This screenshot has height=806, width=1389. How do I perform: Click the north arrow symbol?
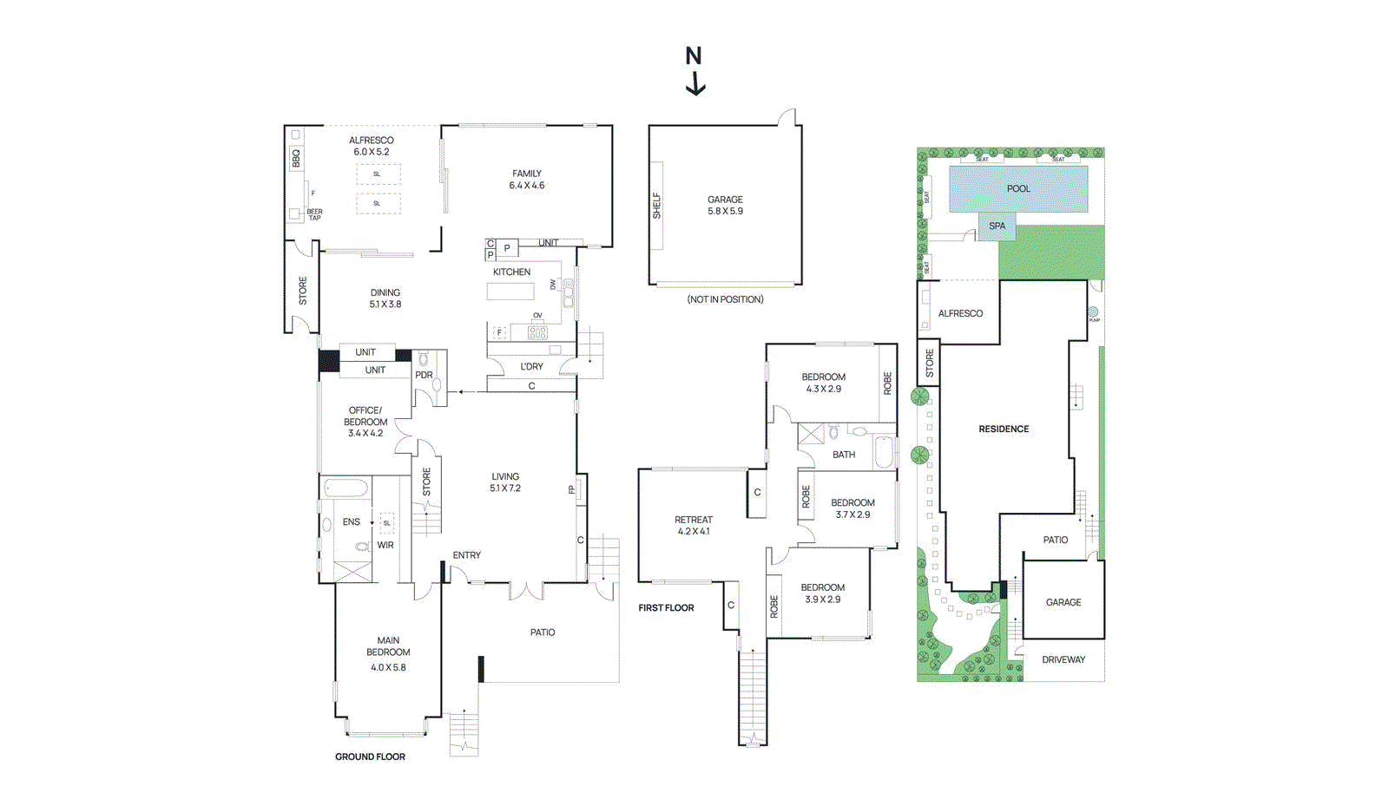click(694, 71)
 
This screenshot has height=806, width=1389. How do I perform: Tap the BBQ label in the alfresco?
click(295, 158)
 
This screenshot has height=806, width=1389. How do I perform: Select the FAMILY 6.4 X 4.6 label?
click(527, 180)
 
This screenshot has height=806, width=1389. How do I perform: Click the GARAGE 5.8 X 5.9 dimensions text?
click(725, 211)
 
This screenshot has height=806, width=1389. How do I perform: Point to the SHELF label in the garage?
click(657, 205)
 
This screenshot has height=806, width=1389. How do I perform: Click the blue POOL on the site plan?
click(1018, 188)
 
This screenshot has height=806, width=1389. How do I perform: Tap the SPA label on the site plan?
click(997, 226)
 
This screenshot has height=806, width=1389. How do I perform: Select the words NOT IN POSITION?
click(725, 299)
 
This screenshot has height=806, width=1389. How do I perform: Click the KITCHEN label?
click(511, 272)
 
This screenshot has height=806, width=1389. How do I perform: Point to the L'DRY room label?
click(531, 366)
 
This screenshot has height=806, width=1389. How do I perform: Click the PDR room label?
click(424, 375)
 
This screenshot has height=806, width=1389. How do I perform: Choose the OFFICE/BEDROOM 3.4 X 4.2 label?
click(365, 422)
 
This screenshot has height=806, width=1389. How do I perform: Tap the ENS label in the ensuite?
click(351, 521)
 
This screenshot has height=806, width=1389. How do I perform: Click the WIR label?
click(385, 545)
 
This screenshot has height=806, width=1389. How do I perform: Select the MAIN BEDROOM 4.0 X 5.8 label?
click(388, 653)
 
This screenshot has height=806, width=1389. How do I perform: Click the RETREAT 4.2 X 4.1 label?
click(694, 525)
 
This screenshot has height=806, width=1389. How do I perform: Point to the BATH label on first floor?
click(844, 455)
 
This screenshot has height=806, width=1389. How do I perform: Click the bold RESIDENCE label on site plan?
click(1004, 429)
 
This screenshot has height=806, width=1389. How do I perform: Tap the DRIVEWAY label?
click(1063, 659)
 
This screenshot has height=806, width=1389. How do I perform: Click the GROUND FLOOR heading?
click(370, 757)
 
